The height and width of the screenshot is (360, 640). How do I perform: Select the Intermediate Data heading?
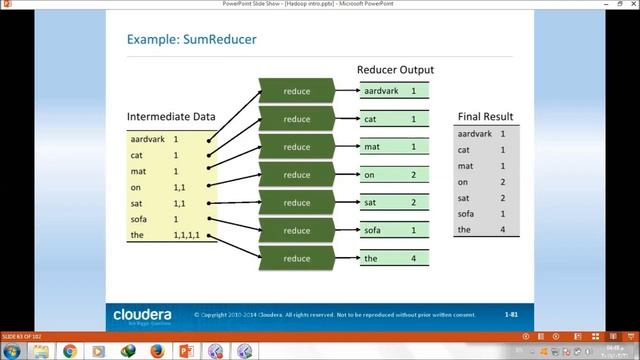(x=172, y=117)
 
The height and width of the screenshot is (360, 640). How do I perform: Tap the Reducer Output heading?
(x=395, y=70)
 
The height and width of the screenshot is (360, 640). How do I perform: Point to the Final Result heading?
(x=484, y=116)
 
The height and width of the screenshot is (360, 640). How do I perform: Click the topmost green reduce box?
(x=296, y=92)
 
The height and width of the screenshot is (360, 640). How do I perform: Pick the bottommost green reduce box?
(x=296, y=259)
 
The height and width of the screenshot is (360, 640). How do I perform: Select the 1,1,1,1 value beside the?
(x=187, y=235)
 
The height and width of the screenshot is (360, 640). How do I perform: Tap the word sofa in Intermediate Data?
(x=139, y=219)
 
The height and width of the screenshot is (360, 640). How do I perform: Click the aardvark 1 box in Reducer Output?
(x=395, y=91)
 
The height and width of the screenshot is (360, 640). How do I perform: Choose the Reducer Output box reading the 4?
(x=395, y=259)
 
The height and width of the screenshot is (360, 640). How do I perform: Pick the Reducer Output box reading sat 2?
(x=395, y=203)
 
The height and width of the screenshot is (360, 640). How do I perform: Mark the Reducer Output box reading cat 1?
(x=395, y=119)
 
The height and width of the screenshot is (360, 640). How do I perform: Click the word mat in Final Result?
(x=465, y=166)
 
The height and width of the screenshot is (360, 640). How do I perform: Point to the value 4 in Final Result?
(x=502, y=230)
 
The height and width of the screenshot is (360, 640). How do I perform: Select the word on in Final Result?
(x=463, y=182)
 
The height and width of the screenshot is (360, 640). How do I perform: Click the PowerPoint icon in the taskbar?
(x=184, y=351)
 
